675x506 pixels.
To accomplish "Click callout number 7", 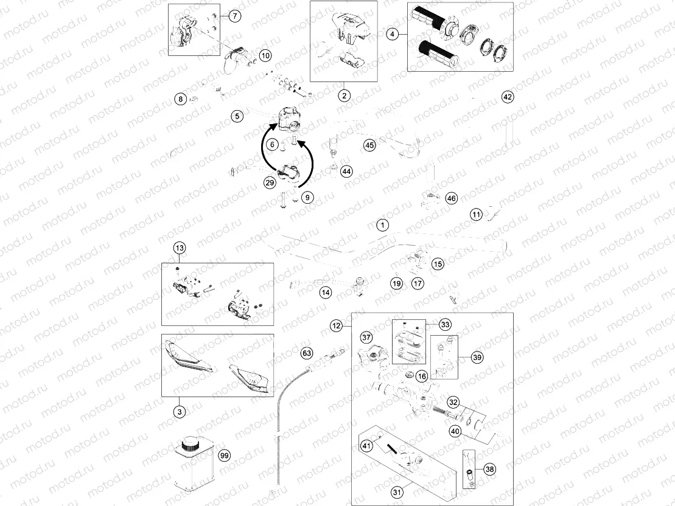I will tap(235, 16).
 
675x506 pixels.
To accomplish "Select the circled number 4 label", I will tap(393, 35).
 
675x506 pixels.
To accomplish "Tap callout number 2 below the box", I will tap(344, 95).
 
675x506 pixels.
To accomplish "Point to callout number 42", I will tap(508, 97).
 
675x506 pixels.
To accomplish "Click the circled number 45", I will tap(369, 145).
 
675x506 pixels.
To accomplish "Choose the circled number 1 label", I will tap(382, 225).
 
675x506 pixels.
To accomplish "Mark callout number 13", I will tap(179, 248).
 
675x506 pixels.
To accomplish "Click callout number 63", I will tap(307, 353).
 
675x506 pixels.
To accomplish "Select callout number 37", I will tap(366, 338).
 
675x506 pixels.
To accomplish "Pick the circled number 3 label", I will tap(179, 412).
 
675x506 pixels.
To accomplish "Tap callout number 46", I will tap(451, 198).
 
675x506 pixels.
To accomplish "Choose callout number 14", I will tap(326, 293).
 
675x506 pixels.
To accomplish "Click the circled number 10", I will tap(265, 55).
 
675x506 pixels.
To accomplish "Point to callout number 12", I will tap(337, 325).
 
